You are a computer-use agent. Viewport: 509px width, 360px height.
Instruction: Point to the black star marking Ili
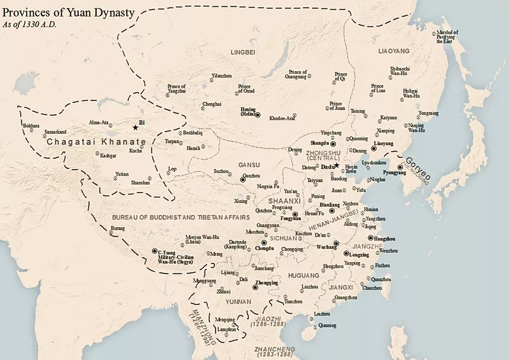tap(134, 127)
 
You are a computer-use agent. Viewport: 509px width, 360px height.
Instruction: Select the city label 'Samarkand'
tap(55, 132)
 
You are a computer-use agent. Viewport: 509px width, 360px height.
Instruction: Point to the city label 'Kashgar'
tap(108, 155)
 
